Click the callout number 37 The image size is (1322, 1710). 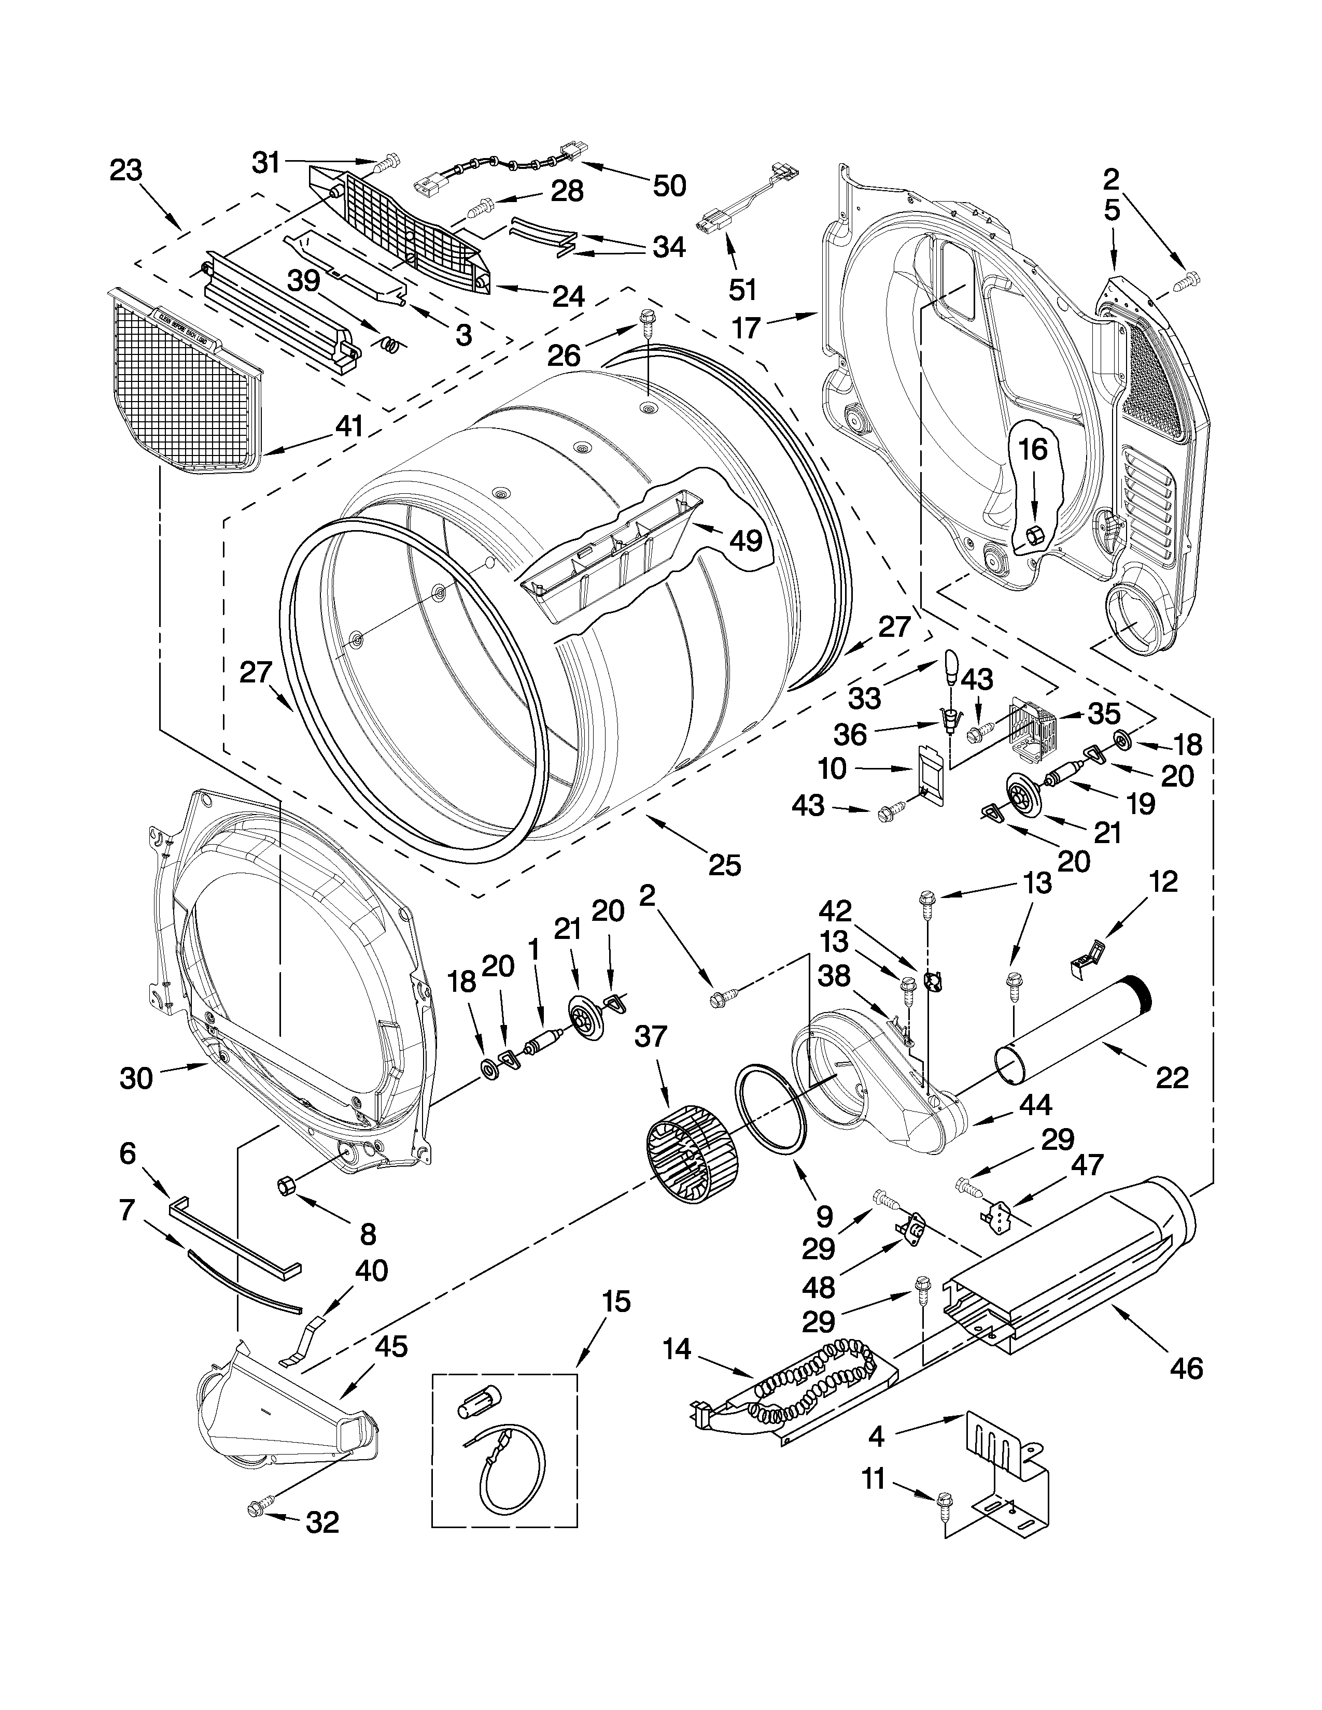pos(650,1037)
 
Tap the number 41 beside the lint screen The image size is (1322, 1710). pos(349,426)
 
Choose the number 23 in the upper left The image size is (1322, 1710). pos(125,170)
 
